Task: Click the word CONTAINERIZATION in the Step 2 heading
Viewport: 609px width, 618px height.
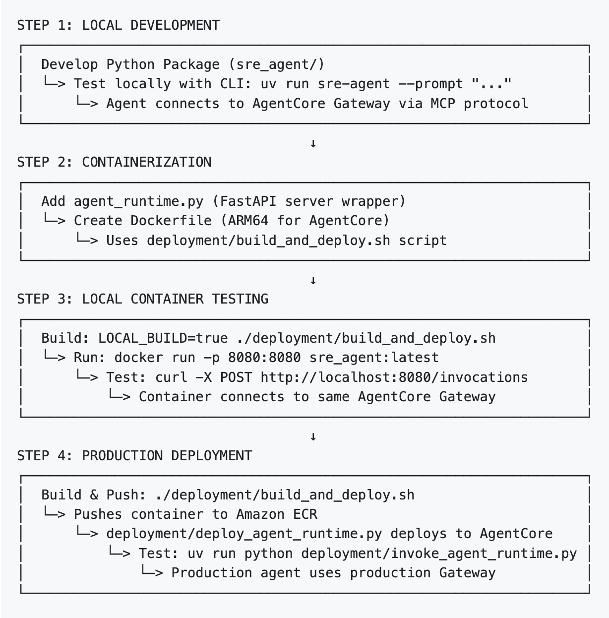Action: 146,162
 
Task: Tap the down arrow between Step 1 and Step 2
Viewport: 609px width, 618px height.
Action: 313,144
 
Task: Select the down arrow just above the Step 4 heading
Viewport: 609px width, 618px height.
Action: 313,437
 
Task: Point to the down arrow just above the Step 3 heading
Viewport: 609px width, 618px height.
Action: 313,281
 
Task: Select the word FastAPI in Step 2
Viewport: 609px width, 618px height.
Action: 248,201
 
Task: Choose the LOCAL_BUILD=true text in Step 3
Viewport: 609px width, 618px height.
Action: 163,338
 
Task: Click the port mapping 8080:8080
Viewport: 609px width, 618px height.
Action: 264,358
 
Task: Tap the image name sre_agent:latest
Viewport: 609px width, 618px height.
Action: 374,358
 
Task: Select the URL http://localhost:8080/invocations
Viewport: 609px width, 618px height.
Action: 394,377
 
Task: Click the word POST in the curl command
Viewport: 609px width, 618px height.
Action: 236,377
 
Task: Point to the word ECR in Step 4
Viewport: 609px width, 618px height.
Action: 305,514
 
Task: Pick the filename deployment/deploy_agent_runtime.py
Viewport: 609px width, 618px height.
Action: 244,534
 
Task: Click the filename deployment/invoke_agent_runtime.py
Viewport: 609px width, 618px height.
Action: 439,554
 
